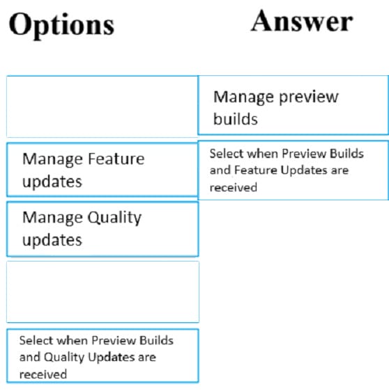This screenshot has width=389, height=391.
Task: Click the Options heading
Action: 61,26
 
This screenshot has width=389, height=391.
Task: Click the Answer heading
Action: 302,21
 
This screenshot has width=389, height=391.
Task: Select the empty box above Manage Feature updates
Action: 102,106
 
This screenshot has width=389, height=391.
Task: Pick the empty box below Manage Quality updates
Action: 102,292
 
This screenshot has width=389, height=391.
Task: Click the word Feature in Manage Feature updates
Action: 116,159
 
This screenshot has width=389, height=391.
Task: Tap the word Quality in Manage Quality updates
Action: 114,218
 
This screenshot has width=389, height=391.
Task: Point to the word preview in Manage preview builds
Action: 309,97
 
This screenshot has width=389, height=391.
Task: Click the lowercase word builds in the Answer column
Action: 236,119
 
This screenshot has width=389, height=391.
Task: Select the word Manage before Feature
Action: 53,159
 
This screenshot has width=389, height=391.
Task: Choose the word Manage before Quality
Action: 53,218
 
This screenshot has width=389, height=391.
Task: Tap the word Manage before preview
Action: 244,97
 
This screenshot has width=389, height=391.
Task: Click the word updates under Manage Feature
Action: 52,182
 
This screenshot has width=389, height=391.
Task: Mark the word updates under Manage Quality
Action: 52,240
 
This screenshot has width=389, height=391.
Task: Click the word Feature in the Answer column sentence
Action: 256,170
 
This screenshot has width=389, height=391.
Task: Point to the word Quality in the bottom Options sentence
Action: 64,358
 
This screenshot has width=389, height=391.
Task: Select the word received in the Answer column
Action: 234,188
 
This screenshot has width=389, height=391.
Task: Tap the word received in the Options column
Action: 43,374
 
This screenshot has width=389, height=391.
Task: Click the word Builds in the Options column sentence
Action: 156,340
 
